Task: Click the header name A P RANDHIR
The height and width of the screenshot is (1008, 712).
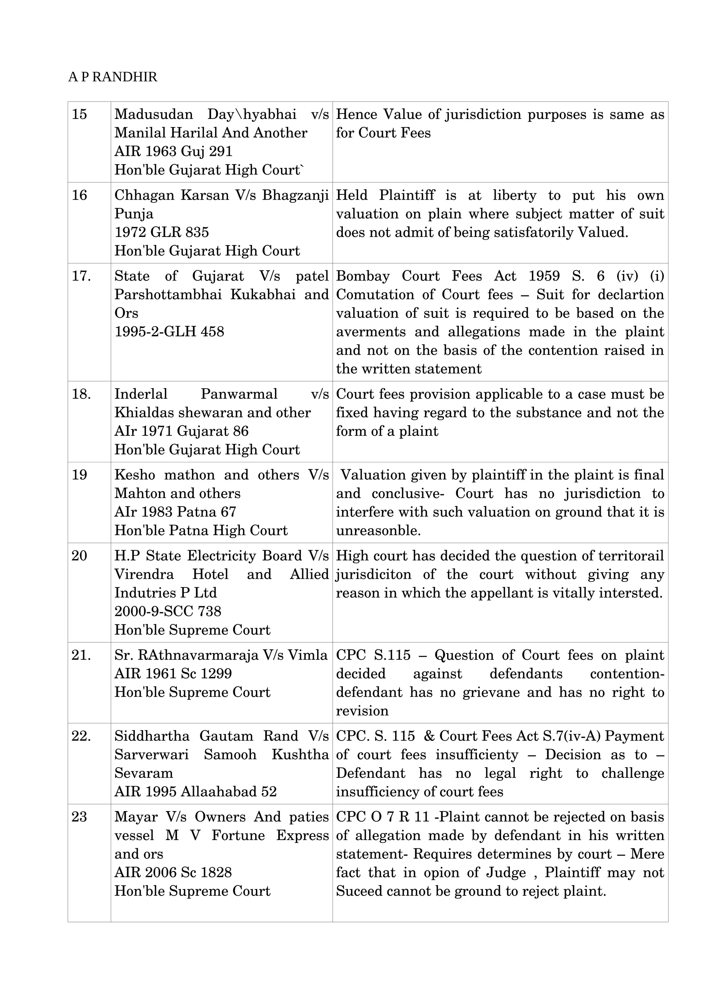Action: point(113,77)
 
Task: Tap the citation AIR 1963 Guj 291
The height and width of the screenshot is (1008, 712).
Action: point(173,151)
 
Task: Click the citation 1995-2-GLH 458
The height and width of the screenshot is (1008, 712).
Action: point(169,331)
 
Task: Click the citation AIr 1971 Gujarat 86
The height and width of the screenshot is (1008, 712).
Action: point(181,431)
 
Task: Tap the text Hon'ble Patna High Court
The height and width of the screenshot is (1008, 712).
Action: point(201,530)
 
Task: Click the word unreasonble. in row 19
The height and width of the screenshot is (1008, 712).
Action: point(378,530)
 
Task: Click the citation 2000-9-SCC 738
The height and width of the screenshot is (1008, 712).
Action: point(168,611)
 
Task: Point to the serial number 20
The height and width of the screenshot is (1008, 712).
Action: point(79,556)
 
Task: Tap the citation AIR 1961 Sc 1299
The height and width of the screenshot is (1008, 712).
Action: point(173,673)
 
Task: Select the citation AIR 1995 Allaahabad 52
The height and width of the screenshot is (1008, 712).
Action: point(195,792)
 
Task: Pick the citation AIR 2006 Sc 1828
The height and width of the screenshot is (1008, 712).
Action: point(173,872)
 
